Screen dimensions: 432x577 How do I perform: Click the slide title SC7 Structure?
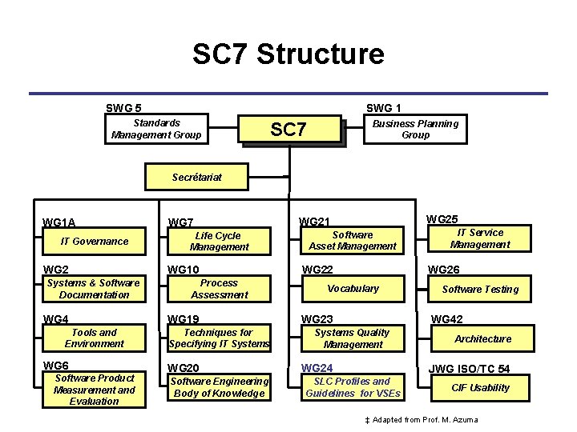pos(288,54)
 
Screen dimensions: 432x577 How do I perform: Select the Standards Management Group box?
pos(156,129)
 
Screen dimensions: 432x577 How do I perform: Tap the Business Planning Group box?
pos(416,129)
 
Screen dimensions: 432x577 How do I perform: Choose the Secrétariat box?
pos(196,177)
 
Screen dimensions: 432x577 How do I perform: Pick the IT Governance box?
pos(95,241)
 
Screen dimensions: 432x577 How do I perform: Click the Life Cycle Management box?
pos(219,241)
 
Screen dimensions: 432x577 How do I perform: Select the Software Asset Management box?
pos(353,241)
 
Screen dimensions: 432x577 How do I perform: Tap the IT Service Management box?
pos(480,238)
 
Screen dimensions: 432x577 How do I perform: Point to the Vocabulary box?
pos(353,288)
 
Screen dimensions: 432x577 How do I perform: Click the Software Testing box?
pos(480,290)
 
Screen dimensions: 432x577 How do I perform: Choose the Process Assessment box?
pos(219,289)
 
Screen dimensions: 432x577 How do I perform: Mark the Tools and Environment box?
pos(95,338)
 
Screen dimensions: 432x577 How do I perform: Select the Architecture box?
pos(482,339)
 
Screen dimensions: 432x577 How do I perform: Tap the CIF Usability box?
pos(480,388)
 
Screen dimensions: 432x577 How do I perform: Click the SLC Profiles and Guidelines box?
pos(353,387)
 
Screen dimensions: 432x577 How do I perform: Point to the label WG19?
pos(183,319)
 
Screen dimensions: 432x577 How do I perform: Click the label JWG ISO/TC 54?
pos(469,369)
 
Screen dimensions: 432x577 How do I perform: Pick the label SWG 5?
pos(124,108)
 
